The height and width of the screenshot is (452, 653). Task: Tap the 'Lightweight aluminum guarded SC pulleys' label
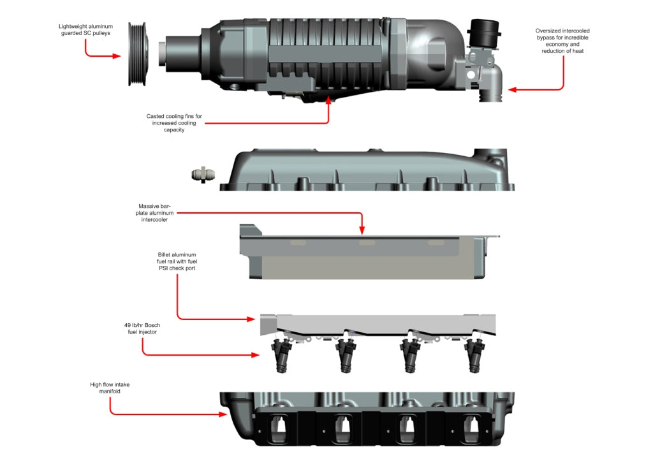tap(86, 30)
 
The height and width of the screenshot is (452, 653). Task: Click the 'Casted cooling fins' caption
tap(173, 122)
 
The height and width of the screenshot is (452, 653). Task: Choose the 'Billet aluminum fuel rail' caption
tap(177, 261)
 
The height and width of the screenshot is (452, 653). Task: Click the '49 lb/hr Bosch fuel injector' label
tap(142, 328)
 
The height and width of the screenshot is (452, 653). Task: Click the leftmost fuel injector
tap(281, 357)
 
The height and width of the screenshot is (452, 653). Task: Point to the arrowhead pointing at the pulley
tap(117, 56)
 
